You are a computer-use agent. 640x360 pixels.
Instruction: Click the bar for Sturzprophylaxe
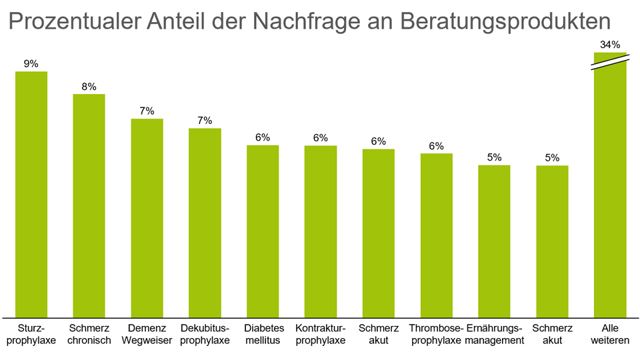click(31, 193)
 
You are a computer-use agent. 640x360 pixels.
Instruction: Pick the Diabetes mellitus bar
click(263, 231)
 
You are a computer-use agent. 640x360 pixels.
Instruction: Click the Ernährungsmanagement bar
click(494, 241)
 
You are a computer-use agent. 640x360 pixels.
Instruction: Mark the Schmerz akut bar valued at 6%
click(379, 233)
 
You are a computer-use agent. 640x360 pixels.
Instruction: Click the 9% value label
click(31, 64)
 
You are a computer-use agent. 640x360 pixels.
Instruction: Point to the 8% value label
click(89, 87)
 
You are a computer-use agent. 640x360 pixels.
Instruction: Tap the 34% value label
click(610, 45)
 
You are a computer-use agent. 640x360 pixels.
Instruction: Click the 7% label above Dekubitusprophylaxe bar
click(205, 121)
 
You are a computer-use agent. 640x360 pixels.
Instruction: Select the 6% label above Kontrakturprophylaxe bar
click(321, 138)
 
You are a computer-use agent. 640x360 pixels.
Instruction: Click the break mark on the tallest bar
click(610, 59)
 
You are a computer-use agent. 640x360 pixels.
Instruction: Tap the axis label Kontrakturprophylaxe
click(321, 335)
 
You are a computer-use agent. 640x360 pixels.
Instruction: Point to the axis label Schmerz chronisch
click(89, 335)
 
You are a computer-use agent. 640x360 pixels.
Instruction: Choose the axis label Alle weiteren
click(610, 335)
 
